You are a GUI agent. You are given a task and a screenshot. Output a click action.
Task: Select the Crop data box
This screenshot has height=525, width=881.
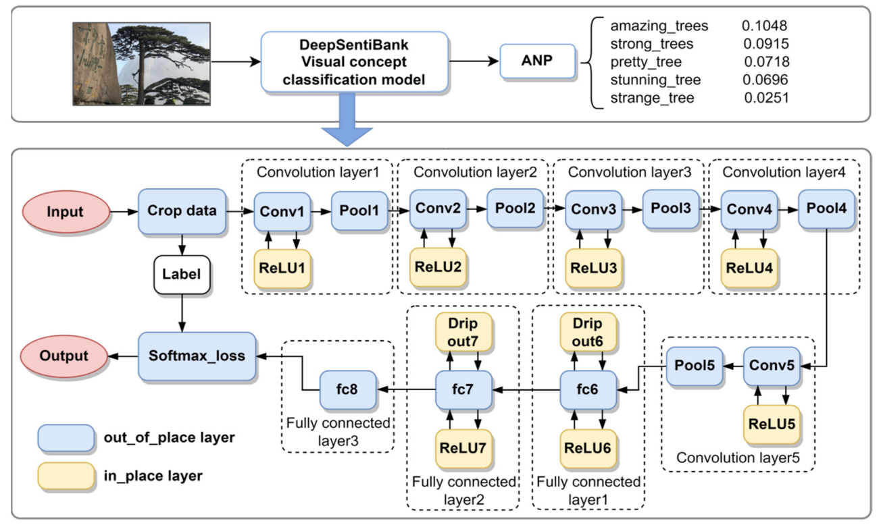pos(182,211)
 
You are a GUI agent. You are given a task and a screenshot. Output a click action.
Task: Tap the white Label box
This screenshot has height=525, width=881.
pos(182,275)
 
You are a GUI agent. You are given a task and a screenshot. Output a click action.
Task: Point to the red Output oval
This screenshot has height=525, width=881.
pos(64,355)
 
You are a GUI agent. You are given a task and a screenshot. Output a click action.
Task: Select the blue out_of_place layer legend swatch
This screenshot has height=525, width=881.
pos(66,437)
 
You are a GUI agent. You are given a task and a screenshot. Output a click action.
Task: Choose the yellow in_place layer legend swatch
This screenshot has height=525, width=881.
pos(66,475)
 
